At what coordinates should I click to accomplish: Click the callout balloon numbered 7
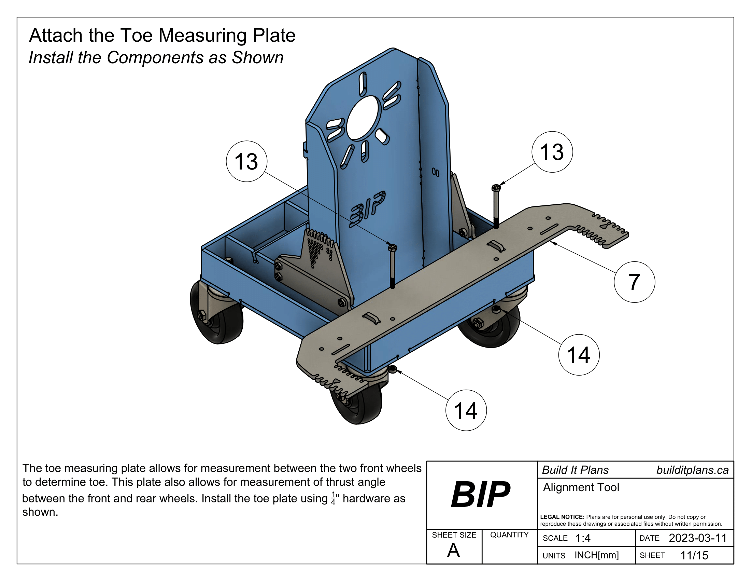[634, 282]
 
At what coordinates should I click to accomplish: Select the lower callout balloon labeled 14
[466, 410]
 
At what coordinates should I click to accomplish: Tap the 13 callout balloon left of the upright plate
[246, 161]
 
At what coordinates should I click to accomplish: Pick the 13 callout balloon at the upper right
[552, 152]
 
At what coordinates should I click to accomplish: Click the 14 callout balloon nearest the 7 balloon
[579, 354]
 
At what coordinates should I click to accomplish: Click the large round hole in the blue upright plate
[363, 118]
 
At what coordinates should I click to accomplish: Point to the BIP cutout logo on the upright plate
[368, 208]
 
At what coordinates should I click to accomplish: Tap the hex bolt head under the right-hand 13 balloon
[496, 188]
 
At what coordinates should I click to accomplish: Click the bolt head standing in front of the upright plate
[392, 247]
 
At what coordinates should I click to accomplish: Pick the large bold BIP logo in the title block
[481, 495]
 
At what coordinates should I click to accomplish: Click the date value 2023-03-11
[697, 538]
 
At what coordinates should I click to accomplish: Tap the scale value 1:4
[583, 538]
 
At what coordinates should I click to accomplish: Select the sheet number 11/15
[694, 555]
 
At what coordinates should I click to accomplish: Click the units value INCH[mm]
[596, 555]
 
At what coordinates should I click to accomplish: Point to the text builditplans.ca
[692, 470]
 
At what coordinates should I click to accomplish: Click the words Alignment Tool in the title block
[581, 487]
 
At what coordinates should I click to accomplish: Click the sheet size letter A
[453, 550]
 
